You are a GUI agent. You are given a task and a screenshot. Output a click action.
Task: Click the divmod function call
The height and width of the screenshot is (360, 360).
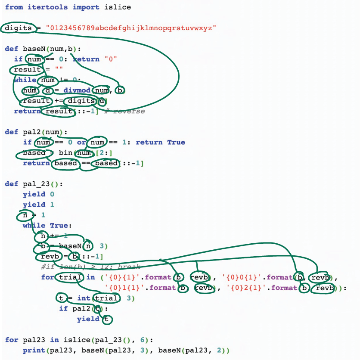point(78,90)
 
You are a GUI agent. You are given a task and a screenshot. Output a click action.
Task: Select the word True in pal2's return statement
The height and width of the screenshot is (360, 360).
point(176,142)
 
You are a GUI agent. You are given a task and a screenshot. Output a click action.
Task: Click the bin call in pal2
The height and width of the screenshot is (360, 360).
point(65,153)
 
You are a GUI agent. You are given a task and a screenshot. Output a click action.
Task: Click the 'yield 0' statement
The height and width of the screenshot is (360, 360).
point(38,194)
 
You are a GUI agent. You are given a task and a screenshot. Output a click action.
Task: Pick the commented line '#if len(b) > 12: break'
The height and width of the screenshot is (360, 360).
point(90,267)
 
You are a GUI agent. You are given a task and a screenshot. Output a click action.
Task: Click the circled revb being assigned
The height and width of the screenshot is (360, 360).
point(47,257)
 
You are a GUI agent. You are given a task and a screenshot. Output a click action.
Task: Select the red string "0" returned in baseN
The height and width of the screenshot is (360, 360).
point(111,59)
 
